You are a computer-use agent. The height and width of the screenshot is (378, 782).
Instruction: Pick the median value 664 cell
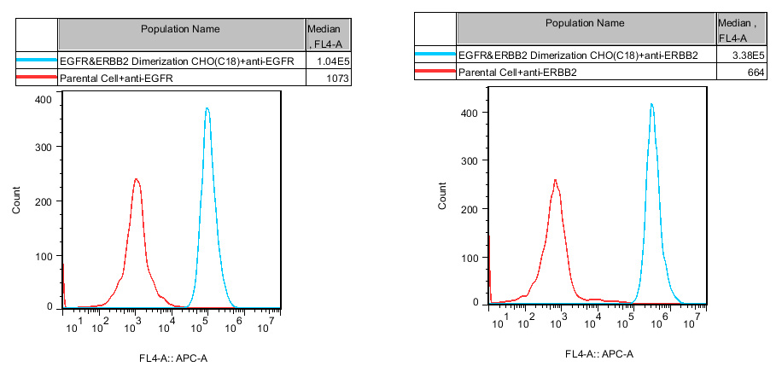pyautogui.click(x=738, y=73)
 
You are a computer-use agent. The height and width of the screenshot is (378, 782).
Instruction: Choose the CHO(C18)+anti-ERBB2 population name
pyautogui.click(x=578, y=56)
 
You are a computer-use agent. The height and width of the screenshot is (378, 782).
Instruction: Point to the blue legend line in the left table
pyautogui.click(x=37, y=61)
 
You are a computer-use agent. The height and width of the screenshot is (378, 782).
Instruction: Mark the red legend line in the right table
pyautogui.click(x=435, y=73)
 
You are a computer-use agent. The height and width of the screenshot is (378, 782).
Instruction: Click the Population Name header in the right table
pyautogui.click(x=585, y=23)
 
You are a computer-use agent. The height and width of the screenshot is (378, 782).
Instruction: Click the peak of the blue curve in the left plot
pyautogui.click(x=206, y=108)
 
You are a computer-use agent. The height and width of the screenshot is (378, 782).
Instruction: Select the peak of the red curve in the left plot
pyautogui.click(x=137, y=179)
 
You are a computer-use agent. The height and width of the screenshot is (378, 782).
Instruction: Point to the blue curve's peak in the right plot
pyautogui.click(x=651, y=104)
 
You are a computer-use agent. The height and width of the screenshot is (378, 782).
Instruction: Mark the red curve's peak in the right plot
pyautogui.click(x=555, y=180)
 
